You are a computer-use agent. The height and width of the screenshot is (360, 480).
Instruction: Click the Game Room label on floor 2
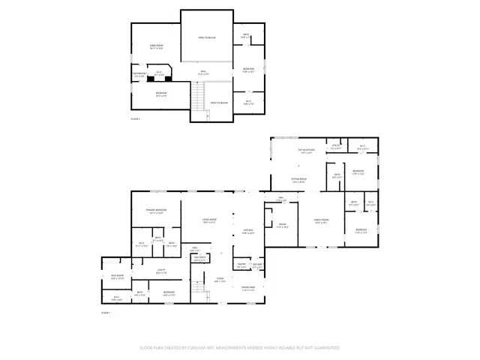tap(156, 47)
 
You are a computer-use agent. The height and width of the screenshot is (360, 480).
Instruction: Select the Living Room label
tap(209, 220)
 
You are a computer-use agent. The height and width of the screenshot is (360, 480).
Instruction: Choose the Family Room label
tap(322, 221)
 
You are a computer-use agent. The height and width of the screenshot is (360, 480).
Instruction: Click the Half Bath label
tap(199, 259)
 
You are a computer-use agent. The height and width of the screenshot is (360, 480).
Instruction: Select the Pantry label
tap(241, 266)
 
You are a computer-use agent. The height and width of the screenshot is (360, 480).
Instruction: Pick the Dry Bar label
tap(257, 266)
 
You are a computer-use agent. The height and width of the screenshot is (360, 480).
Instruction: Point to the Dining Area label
tap(248, 288)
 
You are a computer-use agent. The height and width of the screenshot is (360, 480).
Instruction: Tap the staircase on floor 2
tap(198, 96)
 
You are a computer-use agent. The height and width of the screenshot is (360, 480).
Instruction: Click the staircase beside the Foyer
tap(198, 287)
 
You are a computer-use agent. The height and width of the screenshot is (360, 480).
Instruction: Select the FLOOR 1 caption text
tap(106, 312)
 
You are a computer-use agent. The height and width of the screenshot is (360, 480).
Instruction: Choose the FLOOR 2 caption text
tap(136, 118)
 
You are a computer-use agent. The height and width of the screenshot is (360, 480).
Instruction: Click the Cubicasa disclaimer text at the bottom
tap(240, 348)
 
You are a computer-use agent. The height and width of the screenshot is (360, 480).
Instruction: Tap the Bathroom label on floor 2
tap(139, 75)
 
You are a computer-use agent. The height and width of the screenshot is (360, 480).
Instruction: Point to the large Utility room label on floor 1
tap(160, 271)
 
